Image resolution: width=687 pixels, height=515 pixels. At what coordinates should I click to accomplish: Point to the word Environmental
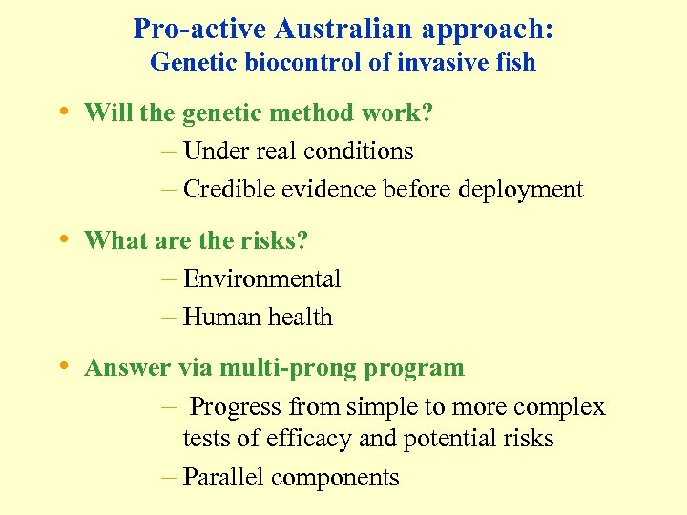pyautogui.click(x=261, y=279)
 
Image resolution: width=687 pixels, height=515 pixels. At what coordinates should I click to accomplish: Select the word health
pyautogui.click(x=302, y=318)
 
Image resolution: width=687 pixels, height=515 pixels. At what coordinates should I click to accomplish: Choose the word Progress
pyautogui.click(x=236, y=407)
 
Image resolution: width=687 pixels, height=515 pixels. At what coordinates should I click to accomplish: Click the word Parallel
pyautogui.click(x=224, y=477)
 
